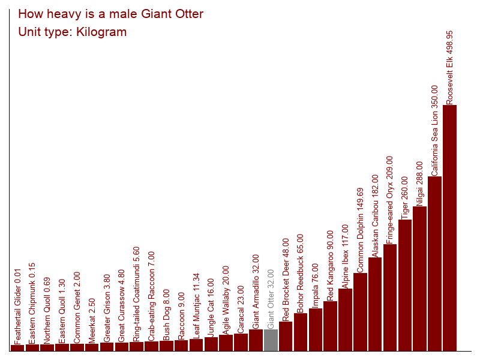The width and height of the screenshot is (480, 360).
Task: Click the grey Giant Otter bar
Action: [x=271, y=340]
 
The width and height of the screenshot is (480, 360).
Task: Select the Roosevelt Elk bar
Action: [x=449, y=228]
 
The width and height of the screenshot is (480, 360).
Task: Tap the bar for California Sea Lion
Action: [x=434, y=263]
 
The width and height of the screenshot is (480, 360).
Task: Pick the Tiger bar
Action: [x=404, y=286]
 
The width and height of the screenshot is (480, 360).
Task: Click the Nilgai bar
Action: [x=419, y=278]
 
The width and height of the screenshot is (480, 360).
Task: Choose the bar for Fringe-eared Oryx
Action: [x=390, y=298]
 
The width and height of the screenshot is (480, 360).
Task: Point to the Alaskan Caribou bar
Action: [x=375, y=304]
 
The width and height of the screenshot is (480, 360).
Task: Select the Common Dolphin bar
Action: [x=360, y=312]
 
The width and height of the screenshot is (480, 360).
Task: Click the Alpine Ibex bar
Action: [x=345, y=320]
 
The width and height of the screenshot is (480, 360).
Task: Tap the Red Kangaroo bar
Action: [x=331, y=326]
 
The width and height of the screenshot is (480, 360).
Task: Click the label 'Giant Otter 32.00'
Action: [x=271, y=299]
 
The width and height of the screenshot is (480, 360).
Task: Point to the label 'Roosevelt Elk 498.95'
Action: [x=449, y=68]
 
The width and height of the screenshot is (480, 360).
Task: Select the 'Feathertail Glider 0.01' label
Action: [x=18, y=307]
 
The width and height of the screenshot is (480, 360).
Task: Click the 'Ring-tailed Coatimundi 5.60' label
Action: [x=136, y=294]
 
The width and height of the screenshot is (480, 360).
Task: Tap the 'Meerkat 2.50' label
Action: [x=92, y=321]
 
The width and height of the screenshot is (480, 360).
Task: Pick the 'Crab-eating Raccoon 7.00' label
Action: [x=151, y=296]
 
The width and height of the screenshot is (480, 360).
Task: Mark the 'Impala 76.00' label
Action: [x=316, y=286]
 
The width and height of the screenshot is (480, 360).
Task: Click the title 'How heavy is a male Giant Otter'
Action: [x=110, y=14]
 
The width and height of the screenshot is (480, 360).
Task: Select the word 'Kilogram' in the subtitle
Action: [x=101, y=32]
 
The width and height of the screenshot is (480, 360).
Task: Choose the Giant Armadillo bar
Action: [x=256, y=340]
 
